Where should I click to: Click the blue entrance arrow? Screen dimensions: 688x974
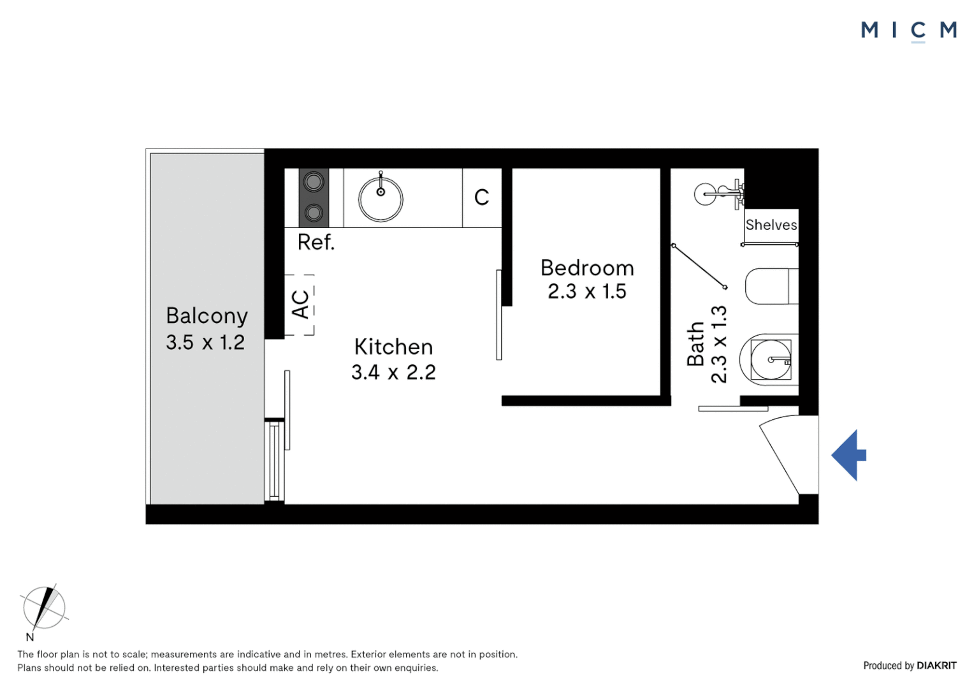[x=848, y=455]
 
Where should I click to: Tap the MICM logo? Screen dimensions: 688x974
[x=908, y=30]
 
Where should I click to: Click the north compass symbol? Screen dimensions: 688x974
[x=44, y=608]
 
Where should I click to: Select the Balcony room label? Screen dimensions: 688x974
[x=207, y=316]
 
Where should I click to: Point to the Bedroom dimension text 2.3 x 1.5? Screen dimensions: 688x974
[x=587, y=292]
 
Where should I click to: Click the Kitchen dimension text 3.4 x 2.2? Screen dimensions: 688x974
[x=393, y=372]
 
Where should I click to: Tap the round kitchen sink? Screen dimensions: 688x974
[x=381, y=199]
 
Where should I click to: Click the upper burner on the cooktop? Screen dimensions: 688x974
[x=314, y=183]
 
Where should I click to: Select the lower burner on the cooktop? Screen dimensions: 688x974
[x=314, y=212]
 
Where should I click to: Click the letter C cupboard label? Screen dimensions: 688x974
[x=482, y=197]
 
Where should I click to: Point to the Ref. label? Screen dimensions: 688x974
[x=316, y=242]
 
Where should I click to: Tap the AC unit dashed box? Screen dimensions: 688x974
[x=300, y=305]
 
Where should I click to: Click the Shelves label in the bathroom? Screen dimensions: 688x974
[x=771, y=225]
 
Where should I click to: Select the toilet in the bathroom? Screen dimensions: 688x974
[x=771, y=287]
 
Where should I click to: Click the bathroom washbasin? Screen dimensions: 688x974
[x=770, y=360]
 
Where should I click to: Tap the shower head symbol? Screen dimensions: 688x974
[x=706, y=194]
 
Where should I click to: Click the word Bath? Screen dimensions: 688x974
[x=695, y=344]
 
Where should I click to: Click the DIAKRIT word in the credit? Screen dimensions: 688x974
[x=936, y=666]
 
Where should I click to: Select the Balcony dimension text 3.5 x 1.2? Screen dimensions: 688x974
[x=205, y=343]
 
